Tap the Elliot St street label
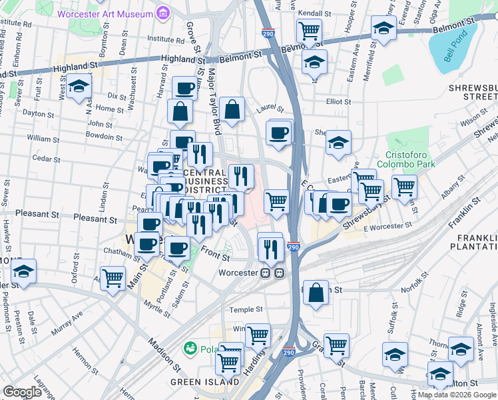coord(338,101)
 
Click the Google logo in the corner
coord(23,391)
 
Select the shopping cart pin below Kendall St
coord(309,31)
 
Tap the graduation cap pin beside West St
coord(79,87)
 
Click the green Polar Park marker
coord(191,348)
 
